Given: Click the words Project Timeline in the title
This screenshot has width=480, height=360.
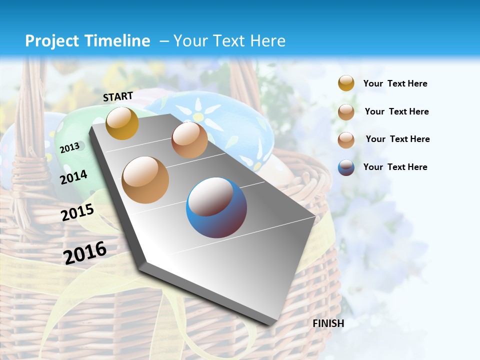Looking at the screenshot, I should pyautogui.click(x=87, y=41).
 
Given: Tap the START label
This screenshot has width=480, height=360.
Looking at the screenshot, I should pyautogui.click(x=118, y=96).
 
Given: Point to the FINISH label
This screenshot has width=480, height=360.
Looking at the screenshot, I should pyautogui.click(x=328, y=323).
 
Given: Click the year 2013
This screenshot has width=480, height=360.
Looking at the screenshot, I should pyautogui.click(x=70, y=147).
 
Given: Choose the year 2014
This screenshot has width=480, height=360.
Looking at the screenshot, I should pyautogui.click(x=73, y=176).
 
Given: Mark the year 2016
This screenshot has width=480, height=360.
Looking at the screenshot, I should pyautogui.click(x=85, y=252).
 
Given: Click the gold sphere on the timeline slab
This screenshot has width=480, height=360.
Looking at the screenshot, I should pyautogui.click(x=122, y=123).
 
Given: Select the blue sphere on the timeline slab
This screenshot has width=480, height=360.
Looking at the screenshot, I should pyautogui.click(x=216, y=207).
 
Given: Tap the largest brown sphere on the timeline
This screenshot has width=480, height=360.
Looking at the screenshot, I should pyautogui.click(x=145, y=180).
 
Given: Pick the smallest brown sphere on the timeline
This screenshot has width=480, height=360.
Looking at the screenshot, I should pyautogui.click(x=189, y=140).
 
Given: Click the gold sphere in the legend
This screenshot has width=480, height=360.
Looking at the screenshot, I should pyautogui.click(x=346, y=83).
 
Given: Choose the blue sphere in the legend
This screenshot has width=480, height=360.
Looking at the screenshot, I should pyautogui.click(x=346, y=167).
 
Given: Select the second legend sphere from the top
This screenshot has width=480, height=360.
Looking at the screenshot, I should pyautogui.click(x=346, y=112).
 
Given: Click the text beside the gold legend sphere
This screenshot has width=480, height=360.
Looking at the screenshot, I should pyautogui.click(x=395, y=83).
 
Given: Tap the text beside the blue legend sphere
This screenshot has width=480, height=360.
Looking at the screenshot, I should pyautogui.click(x=395, y=167).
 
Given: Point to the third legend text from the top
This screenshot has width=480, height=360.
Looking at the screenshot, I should pyautogui.click(x=397, y=139).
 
